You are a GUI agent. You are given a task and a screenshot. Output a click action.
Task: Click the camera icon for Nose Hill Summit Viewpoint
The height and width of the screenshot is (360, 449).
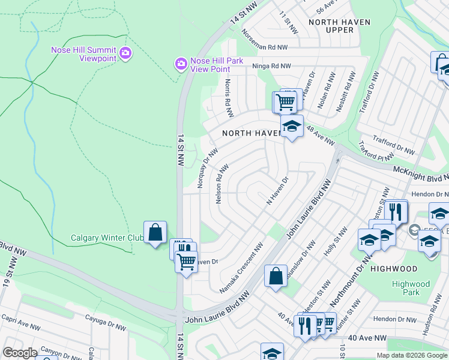[125, 53]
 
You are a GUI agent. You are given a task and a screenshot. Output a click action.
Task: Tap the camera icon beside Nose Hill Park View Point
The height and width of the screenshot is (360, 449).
[180, 64]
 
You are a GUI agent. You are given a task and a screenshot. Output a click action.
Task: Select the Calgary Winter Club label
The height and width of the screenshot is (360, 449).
[106, 238]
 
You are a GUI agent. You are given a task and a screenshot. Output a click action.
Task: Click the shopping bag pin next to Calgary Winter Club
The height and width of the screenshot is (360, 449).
[155, 232]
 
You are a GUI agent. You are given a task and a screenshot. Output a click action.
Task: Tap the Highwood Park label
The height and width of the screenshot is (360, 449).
[411, 288]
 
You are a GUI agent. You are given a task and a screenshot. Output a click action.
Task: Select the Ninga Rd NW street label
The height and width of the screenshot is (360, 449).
[271, 66]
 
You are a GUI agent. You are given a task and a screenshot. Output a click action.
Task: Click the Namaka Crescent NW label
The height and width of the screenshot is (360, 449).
[242, 268]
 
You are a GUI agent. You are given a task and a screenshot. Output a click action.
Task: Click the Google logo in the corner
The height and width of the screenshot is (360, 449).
[20, 353]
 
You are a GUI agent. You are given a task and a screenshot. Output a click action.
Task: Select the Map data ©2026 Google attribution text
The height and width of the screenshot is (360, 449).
[411, 355]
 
